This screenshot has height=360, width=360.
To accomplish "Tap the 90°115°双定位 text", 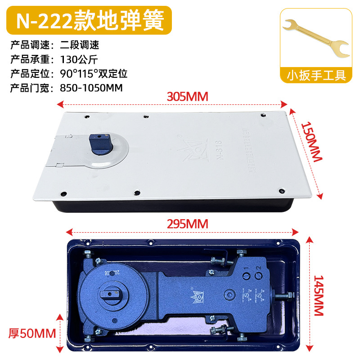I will click(94, 73).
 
